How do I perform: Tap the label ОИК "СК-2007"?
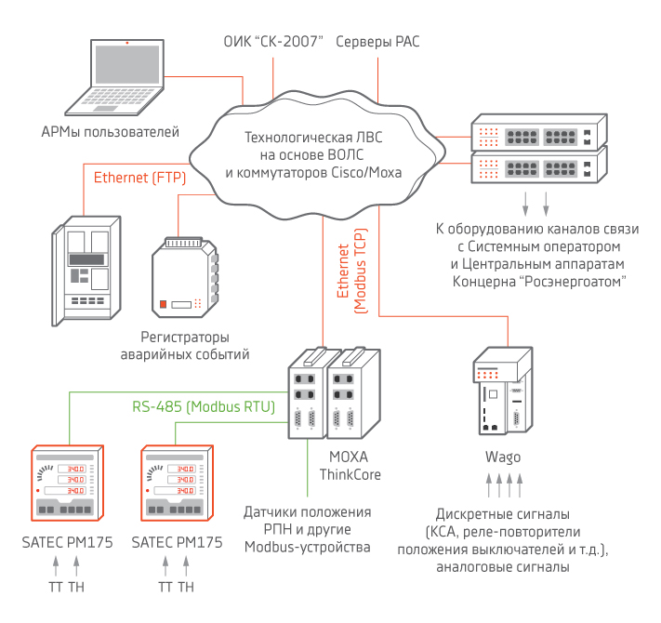pos(273,43)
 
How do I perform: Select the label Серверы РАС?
pos(378,43)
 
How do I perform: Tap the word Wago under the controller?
pos(503,457)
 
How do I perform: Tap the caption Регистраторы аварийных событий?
pos(185,345)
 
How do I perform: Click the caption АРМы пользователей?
pos(111,132)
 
